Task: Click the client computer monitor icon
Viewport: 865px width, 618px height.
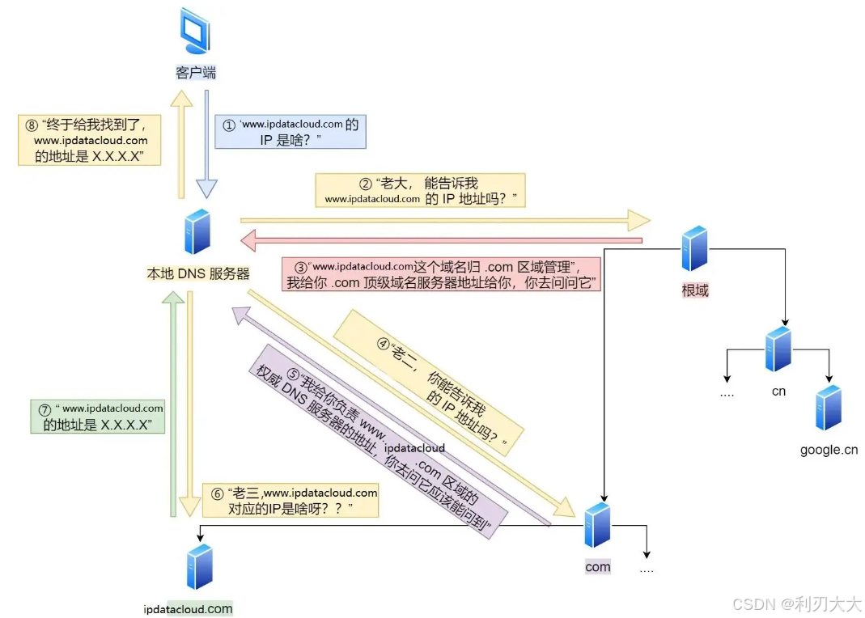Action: coord(195,32)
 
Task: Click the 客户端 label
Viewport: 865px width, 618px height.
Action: coord(196,73)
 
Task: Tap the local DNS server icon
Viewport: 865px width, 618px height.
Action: coord(197,232)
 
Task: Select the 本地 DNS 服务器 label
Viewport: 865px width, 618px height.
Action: coord(198,274)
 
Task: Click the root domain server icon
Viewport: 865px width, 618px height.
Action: coord(694,249)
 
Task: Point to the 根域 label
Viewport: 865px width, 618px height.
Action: coord(695,290)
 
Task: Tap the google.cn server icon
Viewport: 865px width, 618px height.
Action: coord(828,407)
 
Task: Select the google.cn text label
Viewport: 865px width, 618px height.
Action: coord(829,450)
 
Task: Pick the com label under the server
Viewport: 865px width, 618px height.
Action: coord(598,567)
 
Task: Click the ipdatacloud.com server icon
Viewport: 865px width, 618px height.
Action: coord(199,566)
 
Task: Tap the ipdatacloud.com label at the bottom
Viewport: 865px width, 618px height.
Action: coord(188,609)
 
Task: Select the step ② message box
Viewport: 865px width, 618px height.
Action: coord(420,190)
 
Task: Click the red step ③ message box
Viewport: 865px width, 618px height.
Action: coord(441,273)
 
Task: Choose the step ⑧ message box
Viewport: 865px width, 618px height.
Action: coord(90,140)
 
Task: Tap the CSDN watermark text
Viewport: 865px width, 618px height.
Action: coord(797,603)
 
